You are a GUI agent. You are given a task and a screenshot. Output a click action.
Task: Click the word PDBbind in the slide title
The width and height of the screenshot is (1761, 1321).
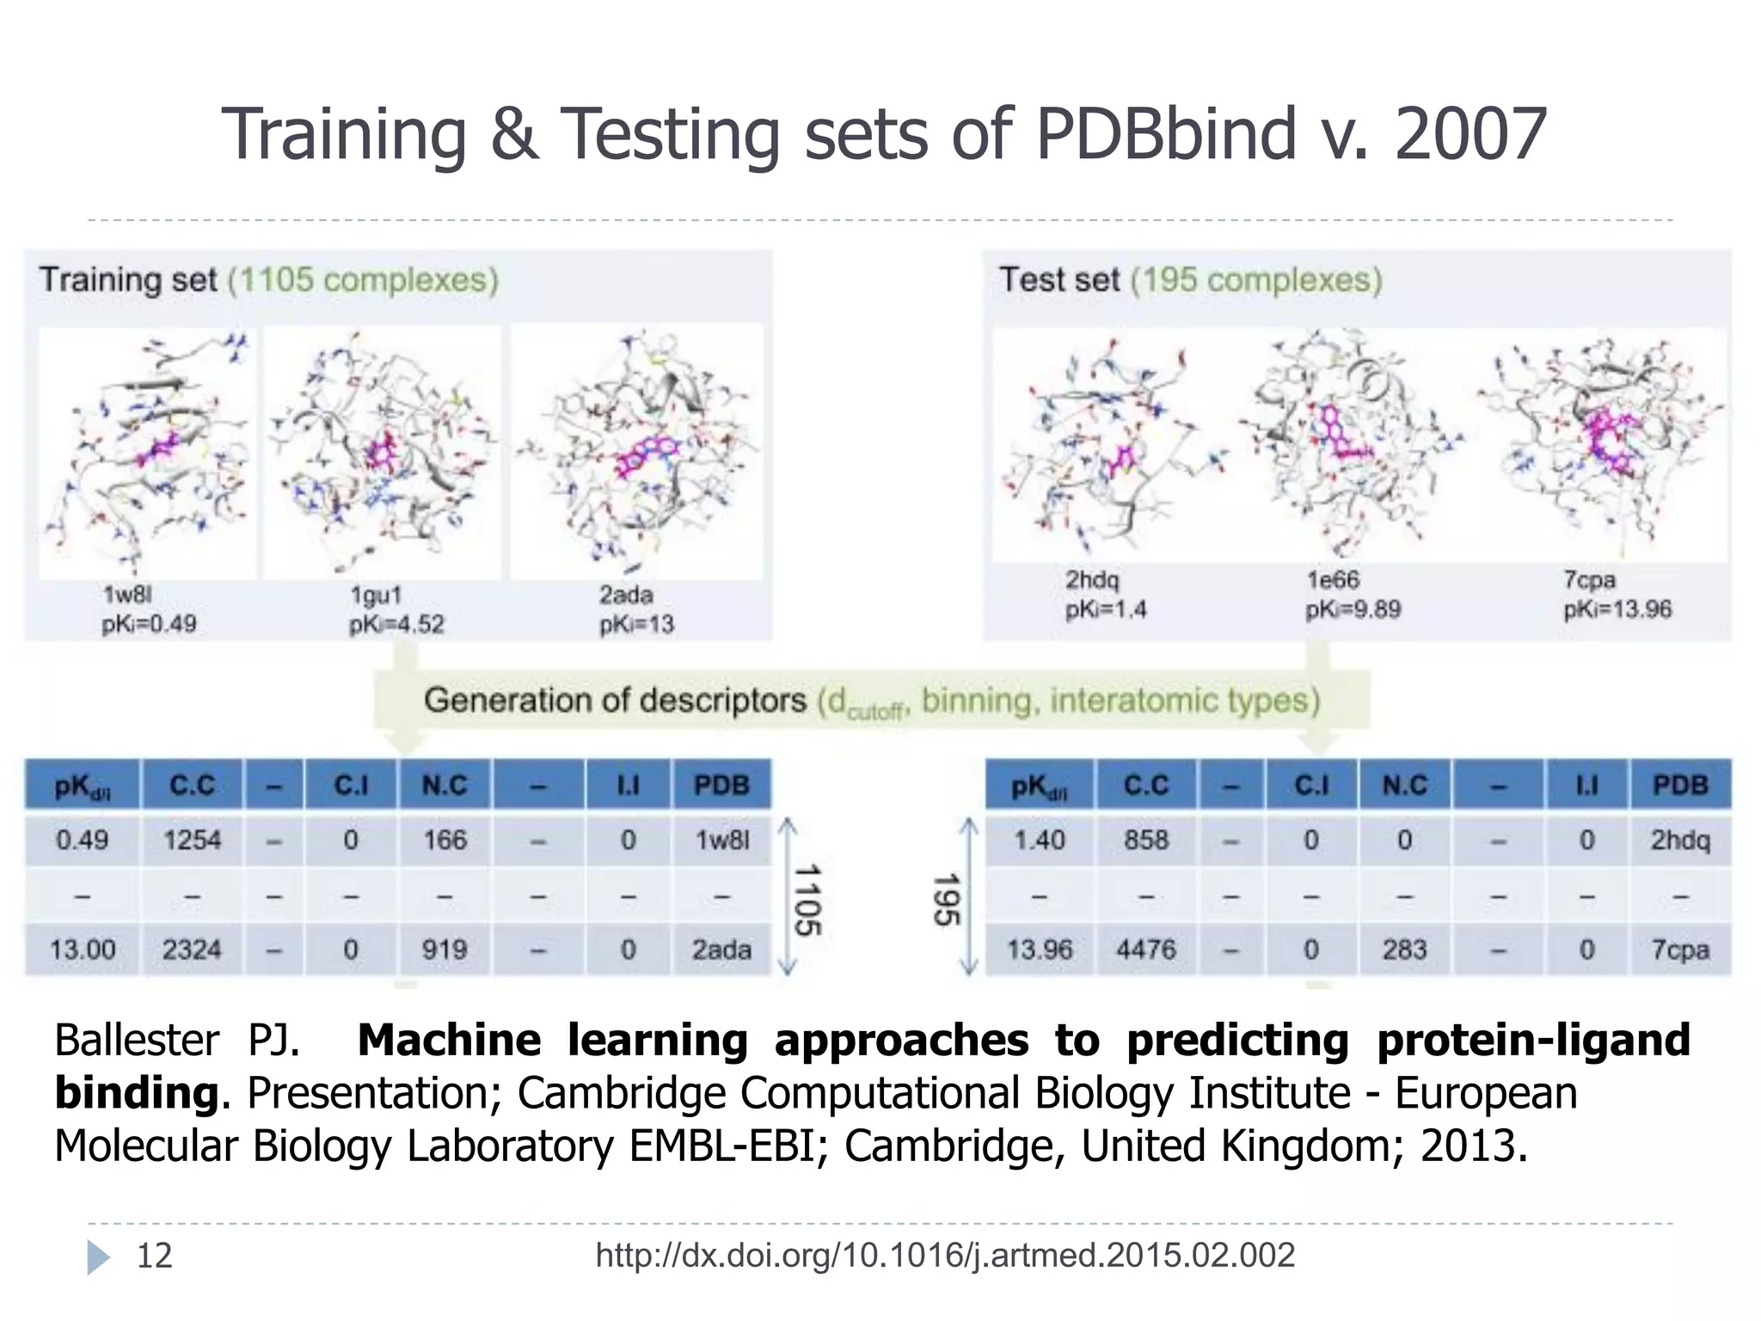click(x=1164, y=135)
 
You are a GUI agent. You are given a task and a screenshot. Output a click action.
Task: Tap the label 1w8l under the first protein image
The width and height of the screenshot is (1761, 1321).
click(x=127, y=595)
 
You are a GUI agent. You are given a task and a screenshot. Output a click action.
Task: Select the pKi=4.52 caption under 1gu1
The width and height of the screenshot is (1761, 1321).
click(x=396, y=624)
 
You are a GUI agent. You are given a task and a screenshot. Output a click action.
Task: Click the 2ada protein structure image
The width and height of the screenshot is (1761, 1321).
click(x=637, y=451)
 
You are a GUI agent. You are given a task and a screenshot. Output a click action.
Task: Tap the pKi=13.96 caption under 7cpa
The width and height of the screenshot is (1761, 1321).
click(x=1617, y=610)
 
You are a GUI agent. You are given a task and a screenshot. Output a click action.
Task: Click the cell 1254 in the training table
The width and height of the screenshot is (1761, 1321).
click(x=192, y=839)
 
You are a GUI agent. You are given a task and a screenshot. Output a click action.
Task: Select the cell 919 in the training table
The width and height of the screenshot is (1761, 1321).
click(x=445, y=949)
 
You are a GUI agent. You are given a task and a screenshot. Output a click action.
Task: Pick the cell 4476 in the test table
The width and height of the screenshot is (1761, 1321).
click(x=1145, y=949)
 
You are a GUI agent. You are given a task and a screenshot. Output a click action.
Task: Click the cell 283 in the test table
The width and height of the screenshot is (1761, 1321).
click(x=1404, y=949)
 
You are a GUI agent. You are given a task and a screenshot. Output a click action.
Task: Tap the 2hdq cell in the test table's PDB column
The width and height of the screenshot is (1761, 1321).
click(x=1679, y=839)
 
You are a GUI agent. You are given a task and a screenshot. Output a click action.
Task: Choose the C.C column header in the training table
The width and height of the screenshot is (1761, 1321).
click(x=192, y=785)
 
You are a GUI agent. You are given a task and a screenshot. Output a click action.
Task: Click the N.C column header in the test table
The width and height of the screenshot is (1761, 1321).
click(x=1404, y=785)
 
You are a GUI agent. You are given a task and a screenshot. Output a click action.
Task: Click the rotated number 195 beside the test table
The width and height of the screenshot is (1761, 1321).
click(x=946, y=900)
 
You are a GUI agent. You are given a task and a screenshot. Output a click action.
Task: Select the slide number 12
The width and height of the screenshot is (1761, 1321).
click(x=155, y=1256)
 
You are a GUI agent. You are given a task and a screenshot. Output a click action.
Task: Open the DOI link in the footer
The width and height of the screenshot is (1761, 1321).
click(x=944, y=1256)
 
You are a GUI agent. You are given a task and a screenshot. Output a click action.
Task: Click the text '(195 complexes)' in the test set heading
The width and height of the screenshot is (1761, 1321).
click(x=1255, y=280)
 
